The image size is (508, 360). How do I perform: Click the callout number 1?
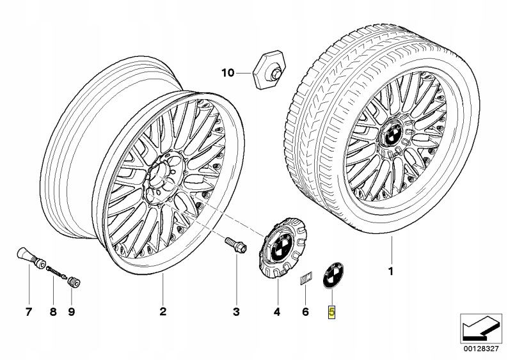click(391, 271)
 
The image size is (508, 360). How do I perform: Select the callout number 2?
click(163, 311)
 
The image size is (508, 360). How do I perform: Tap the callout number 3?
click(236, 312)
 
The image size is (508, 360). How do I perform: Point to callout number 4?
click(276, 312)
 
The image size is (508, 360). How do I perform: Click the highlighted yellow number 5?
click(332, 312)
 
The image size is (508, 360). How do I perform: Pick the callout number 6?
click(305, 312)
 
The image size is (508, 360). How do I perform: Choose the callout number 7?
click(29, 312)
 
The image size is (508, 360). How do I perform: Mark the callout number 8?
click(53, 312)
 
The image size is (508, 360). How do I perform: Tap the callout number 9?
click(72, 312)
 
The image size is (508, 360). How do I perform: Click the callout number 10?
click(228, 73)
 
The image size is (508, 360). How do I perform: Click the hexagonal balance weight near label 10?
click(267, 68)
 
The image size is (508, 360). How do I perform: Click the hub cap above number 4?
click(282, 247)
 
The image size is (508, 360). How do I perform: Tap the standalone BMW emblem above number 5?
click(333, 275)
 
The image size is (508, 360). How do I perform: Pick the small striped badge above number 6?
click(306, 278)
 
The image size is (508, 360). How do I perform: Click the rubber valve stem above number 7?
click(31, 257)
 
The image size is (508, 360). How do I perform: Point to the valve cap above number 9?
click(74, 282)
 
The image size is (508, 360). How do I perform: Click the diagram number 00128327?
click(480, 349)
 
